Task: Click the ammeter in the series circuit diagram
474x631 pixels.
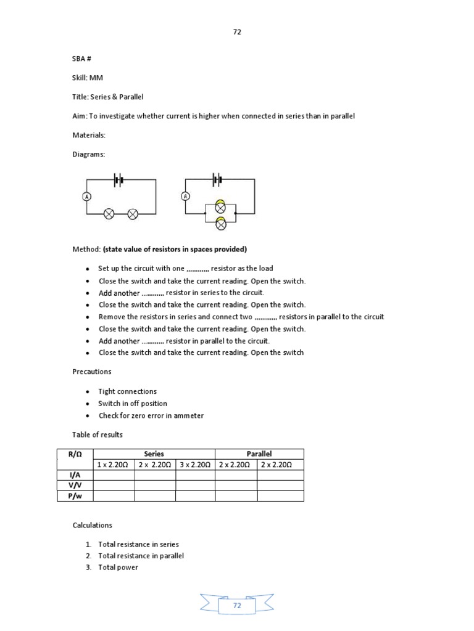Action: (x=87, y=196)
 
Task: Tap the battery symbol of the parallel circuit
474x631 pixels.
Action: (x=217, y=180)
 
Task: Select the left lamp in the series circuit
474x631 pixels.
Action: (x=109, y=214)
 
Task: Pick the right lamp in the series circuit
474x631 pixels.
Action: (x=133, y=214)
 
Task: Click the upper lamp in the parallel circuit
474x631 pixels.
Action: (x=220, y=207)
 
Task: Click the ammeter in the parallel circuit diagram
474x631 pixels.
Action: (x=185, y=196)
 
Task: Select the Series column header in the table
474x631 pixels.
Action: (x=154, y=454)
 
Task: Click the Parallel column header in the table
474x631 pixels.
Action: (x=259, y=454)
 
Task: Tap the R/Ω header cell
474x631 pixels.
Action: (x=75, y=454)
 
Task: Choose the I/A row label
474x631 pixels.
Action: (x=75, y=474)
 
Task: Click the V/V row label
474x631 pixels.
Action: (x=75, y=485)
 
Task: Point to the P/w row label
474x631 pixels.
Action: (x=75, y=495)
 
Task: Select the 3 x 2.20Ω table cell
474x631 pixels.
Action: (x=195, y=464)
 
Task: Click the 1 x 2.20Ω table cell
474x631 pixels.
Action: (x=113, y=464)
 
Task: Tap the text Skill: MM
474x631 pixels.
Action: (x=88, y=78)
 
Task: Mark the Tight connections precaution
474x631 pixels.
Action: (x=127, y=391)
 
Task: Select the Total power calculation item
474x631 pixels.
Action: (x=118, y=567)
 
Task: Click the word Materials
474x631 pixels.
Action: (x=89, y=135)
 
